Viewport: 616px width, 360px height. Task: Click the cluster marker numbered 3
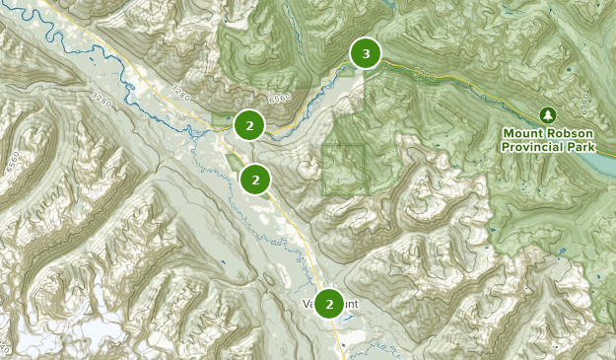coord(366,53)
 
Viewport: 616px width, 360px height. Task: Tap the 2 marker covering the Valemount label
coord(329,304)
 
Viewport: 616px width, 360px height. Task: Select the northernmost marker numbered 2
coord(250,125)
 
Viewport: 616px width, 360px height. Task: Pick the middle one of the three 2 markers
coord(255,180)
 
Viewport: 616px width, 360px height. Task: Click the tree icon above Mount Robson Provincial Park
coord(547,115)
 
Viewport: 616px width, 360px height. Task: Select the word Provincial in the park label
coord(533,147)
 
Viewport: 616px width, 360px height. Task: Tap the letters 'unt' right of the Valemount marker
coord(352,304)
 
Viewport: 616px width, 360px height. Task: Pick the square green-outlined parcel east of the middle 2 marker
coord(344,169)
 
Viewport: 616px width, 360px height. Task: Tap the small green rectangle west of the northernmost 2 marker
coord(220,120)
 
